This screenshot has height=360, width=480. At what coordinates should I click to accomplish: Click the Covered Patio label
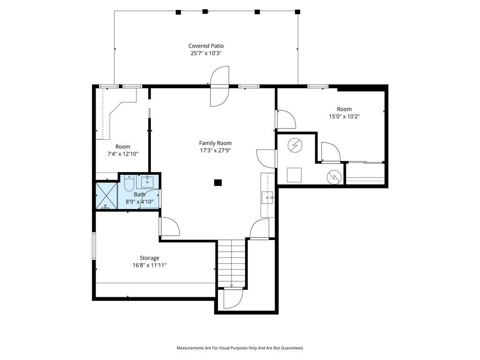[x=206, y=46]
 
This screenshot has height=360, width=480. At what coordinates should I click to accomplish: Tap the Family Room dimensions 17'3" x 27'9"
[x=215, y=150]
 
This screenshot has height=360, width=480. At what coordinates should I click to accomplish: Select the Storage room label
[x=150, y=258]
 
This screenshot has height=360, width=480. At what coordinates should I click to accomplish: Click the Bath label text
[x=140, y=195]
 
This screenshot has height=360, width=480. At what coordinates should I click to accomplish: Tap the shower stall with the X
[x=106, y=195]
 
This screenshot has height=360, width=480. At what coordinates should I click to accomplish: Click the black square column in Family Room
[x=217, y=183]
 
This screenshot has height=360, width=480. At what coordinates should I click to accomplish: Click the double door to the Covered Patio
[x=219, y=86]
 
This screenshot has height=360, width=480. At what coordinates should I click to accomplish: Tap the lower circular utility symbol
[x=334, y=177]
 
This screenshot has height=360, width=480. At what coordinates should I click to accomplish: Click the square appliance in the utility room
[x=294, y=175]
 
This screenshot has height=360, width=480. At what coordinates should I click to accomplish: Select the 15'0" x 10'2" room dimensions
[x=345, y=116]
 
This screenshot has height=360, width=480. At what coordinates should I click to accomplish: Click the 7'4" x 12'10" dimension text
[x=123, y=154]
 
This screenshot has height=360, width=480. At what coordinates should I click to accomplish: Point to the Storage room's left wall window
[x=94, y=246]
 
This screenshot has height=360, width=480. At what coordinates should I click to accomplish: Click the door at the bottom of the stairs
[x=233, y=298]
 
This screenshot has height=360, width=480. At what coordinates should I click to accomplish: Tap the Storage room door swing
[x=169, y=226]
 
